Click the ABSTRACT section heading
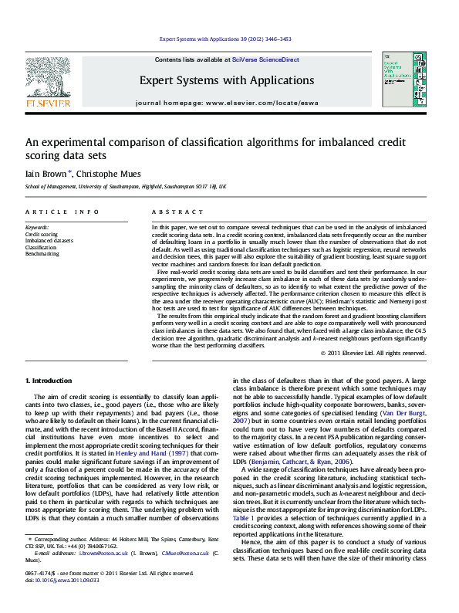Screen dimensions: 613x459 pos(171,212)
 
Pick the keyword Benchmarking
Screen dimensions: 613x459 pos(42,253)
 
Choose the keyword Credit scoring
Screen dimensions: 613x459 pos(41,235)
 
